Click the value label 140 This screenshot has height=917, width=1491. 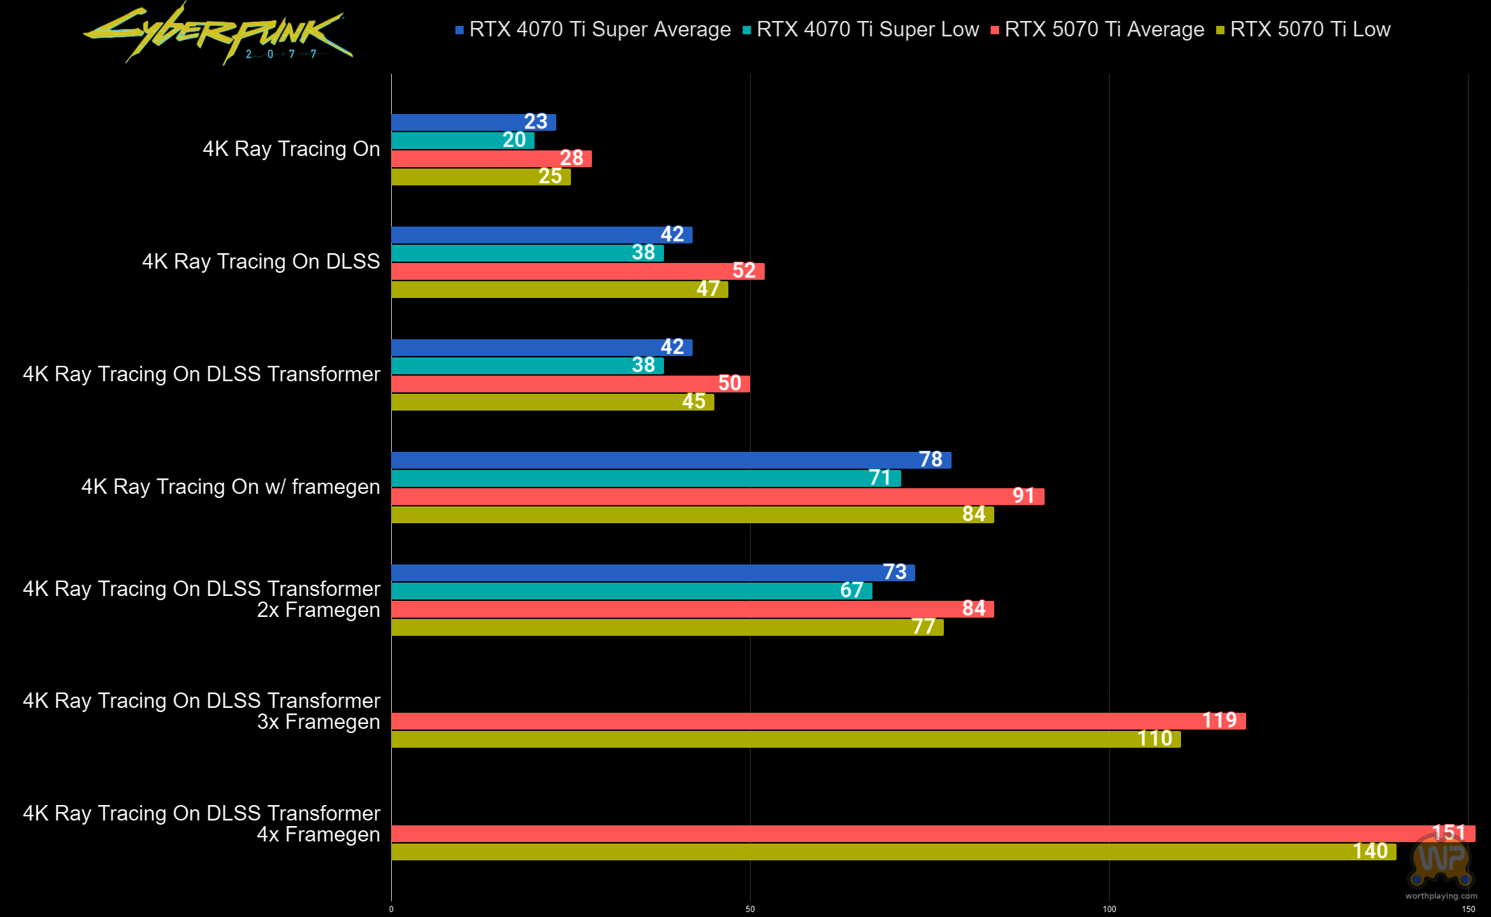click(1370, 851)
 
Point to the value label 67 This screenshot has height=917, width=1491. click(851, 590)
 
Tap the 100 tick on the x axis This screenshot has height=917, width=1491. click(1109, 909)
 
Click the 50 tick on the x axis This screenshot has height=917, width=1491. click(750, 909)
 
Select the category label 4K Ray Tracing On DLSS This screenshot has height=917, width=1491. click(261, 262)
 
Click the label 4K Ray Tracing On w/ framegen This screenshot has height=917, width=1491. click(231, 487)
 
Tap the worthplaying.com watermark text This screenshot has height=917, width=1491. click(1441, 896)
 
